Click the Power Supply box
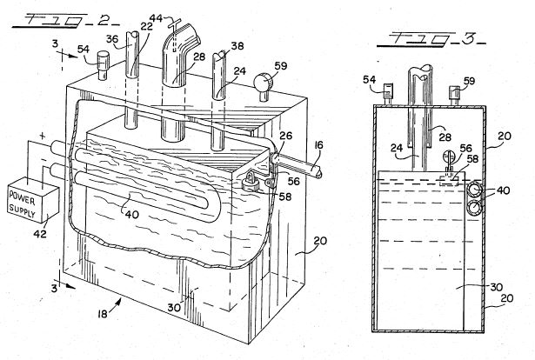point(33,200)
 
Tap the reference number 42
point(39,234)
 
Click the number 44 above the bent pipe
point(157,18)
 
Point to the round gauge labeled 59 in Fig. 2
point(263,83)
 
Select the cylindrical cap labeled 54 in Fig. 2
point(103,65)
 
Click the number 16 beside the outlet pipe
point(318,145)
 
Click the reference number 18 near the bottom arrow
point(103,314)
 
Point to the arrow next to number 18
point(116,303)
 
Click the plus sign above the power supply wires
point(43,137)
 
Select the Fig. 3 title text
point(432,39)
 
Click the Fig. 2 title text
point(66,21)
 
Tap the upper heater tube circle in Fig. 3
point(473,190)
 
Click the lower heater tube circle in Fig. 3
point(473,208)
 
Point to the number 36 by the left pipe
point(112,39)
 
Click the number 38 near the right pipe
point(237,46)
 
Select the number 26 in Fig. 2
point(285,136)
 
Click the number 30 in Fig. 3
point(497,287)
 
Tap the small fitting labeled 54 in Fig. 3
point(388,94)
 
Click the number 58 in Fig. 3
point(472,159)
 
